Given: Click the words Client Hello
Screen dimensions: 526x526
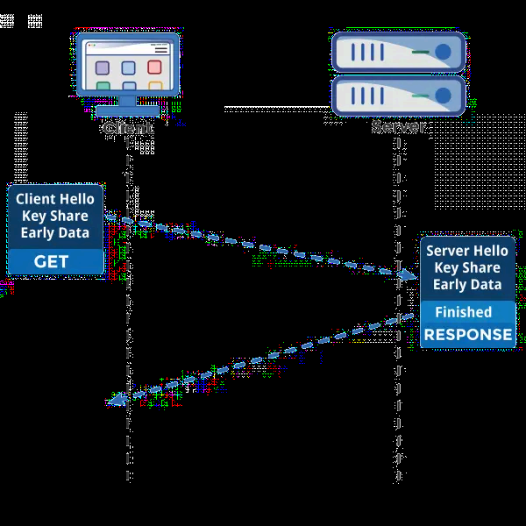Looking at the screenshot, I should click(x=55, y=199).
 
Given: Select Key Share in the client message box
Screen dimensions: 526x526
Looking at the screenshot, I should click(x=55, y=216).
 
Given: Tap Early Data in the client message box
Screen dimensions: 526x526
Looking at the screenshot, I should click(x=55, y=232).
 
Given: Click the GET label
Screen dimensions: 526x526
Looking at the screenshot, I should click(x=51, y=261).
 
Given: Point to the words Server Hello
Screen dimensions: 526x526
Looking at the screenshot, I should click(x=467, y=251).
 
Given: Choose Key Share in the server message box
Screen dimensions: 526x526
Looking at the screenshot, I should click(x=467, y=267).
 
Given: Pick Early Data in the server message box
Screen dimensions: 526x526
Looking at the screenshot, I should click(x=467, y=284).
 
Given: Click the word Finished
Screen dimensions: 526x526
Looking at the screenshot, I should click(x=464, y=311).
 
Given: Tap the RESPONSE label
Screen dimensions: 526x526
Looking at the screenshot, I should click(x=468, y=334).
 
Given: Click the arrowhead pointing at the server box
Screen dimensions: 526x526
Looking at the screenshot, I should click(x=409, y=276).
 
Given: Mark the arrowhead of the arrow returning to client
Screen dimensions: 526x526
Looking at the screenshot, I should click(x=115, y=402).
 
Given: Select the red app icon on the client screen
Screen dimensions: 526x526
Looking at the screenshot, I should click(x=154, y=68).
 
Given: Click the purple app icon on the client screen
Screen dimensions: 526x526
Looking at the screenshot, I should click(x=103, y=68).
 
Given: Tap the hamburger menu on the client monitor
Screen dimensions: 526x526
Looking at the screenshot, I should click(x=160, y=51).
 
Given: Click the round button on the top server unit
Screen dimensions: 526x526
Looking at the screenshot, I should click(x=443, y=52).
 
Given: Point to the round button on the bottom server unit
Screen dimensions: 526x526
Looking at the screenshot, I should click(x=443, y=95).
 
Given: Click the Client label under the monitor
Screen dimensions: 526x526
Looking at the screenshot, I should click(x=128, y=127).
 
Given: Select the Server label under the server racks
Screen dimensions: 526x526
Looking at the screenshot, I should click(x=399, y=127).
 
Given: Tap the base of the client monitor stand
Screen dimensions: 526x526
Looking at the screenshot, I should click(x=128, y=111).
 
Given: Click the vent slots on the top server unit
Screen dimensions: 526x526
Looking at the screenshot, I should click(x=368, y=52).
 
